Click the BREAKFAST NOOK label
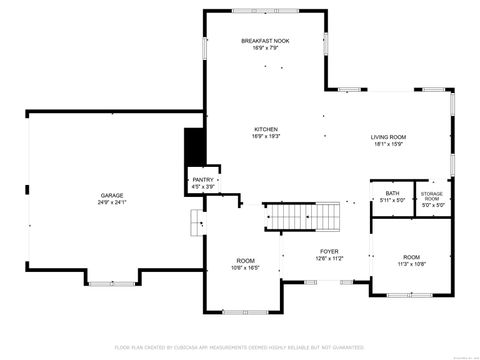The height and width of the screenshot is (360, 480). [x=264, y=40]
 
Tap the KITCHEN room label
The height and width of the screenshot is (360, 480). [x=265, y=129]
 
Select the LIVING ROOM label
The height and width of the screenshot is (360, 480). [x=388, y=137]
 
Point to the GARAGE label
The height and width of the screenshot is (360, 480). [x=111, y=195]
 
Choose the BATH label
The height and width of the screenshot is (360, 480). [x=392, y=193]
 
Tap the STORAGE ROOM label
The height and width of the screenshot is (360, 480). [x=431, y=196]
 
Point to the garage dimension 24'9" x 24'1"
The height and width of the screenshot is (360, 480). [x=111, y=202]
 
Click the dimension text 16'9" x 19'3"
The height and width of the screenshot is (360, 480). [x=265, y=136]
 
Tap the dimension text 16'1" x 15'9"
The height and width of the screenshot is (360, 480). [x=388, y=144]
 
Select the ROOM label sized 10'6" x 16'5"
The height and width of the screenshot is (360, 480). [x=245, y=261]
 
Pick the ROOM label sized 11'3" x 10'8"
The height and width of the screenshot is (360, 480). [x=411, y=257]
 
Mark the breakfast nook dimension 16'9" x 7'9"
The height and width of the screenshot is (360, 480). [x=264, y=47]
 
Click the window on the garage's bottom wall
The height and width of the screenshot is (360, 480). [x=111, y=284]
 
